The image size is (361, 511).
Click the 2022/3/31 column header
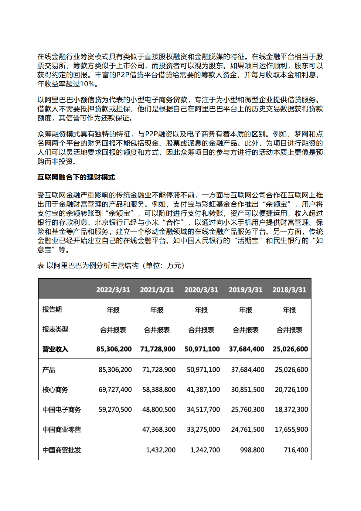[113, 290]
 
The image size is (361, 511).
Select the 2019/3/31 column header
[245, 290]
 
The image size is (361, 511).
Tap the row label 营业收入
[55, 349]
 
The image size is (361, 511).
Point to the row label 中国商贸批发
[62, 450]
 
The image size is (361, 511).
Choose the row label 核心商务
[55, 390]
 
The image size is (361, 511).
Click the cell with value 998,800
[252, 450]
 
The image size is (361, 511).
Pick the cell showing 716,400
[296, 450]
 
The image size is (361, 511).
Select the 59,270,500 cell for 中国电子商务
[115, 410]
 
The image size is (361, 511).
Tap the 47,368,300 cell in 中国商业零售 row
[159, 430]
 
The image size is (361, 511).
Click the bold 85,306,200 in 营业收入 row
[114, 349]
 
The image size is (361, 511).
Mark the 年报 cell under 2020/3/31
[201, 310]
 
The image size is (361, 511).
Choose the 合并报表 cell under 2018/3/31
[289, 330]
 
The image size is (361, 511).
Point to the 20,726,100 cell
[291, 390]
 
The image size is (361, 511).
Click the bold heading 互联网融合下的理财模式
[76, 177]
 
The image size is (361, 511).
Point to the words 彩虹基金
[216, 204]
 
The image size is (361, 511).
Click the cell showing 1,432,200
[161, 450]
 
